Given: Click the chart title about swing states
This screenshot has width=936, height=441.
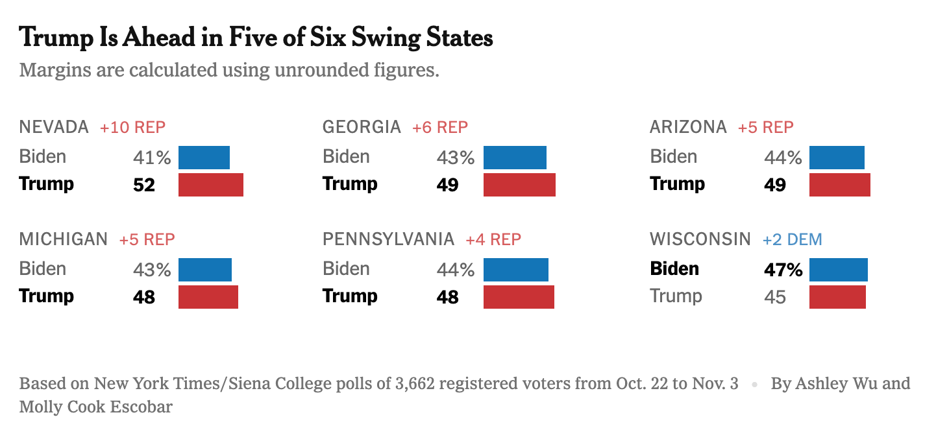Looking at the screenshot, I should point(256,38).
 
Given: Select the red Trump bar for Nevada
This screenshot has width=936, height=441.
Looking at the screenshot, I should point(210,185).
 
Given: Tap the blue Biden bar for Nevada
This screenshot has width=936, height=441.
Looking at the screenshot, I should point(204,158).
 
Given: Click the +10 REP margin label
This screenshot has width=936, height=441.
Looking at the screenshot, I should point(132,127).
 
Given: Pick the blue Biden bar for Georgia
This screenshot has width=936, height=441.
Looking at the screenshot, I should point(515,158).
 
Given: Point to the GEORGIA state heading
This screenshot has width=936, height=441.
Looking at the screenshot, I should point(362,127).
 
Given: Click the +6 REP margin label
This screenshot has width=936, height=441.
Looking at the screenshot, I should point(439,127).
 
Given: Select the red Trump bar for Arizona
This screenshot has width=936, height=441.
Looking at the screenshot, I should point(839,185).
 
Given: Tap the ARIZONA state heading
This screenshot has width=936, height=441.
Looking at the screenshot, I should point(688,127).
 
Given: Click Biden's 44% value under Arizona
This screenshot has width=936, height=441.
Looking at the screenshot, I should point(783,158).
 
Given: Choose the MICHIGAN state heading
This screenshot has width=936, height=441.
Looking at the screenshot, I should point(64,239).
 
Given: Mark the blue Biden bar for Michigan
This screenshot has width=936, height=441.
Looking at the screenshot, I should point(204,270).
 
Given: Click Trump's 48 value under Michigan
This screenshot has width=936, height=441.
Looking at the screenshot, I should point(144,297).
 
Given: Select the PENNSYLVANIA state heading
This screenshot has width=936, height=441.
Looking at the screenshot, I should point(388,239).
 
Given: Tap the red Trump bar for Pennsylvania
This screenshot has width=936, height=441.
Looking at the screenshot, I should point(519,297).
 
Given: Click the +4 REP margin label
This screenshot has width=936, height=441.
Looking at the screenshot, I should point(493,239).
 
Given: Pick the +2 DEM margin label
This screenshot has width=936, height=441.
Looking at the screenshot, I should point(792,239).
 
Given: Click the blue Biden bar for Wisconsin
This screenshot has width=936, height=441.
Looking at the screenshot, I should point(838,270).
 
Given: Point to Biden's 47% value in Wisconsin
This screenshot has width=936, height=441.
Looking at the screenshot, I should point(783,270).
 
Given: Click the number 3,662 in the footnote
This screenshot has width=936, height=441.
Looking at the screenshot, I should point(416,383).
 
